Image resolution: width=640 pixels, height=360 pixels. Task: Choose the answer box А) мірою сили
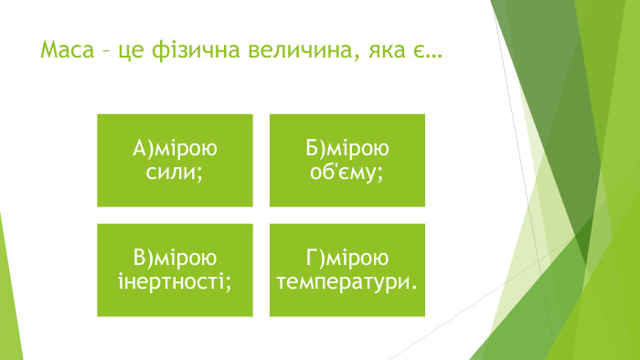(176, 160)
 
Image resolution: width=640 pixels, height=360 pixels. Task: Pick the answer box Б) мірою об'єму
(347, 160)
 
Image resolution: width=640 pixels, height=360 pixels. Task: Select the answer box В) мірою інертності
(176, 270)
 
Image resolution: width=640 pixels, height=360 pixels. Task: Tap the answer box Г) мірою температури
(347, 270)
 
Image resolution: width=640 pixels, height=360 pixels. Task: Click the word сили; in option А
(176, 171)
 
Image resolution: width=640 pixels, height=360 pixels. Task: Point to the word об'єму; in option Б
(347, 171)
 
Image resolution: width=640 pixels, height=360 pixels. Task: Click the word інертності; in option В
(176, 281)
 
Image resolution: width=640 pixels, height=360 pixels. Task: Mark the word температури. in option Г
(347, 281)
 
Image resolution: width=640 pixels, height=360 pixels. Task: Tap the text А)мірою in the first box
(176, 149)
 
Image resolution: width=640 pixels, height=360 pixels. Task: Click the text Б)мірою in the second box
(347, 149)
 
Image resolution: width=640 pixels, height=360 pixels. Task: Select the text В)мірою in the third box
(176, 259)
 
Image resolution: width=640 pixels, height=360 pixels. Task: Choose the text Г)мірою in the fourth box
(347, 259)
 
